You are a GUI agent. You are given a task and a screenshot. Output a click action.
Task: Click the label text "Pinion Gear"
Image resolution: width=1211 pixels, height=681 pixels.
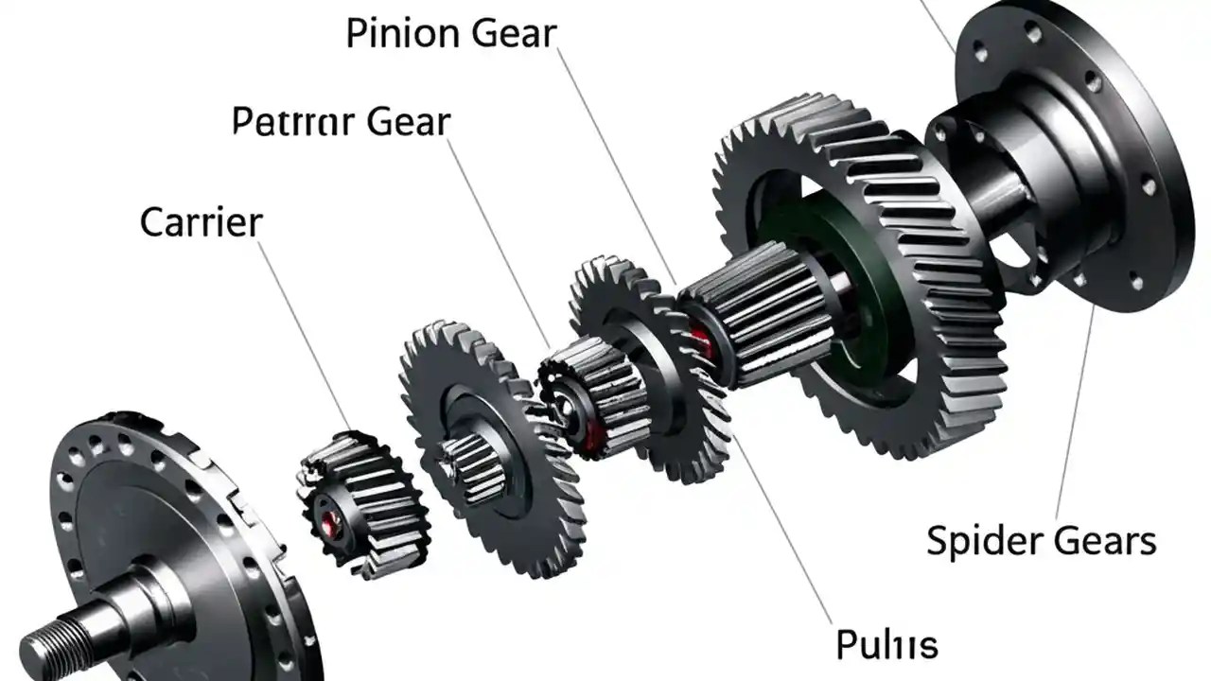(x=451, y=34)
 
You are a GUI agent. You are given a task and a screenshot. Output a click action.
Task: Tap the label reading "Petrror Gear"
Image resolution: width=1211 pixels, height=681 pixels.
(x=342, y=123)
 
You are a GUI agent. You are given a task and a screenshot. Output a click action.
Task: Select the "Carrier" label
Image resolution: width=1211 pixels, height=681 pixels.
(x=201, y=222)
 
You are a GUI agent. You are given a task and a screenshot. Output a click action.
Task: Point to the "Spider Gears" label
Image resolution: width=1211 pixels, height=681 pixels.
(x=1041, y=541)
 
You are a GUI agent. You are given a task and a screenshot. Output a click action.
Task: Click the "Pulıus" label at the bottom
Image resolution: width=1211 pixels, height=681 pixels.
(x=886, y=645)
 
